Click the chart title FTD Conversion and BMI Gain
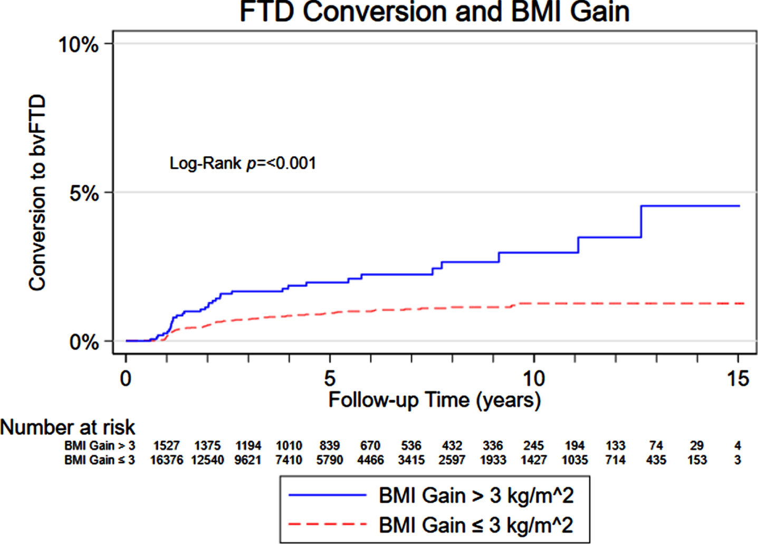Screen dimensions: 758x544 [x=434, y=12]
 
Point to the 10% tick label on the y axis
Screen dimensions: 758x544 [x=79, y=44]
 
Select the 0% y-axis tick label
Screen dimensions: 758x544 [x=84, y=342]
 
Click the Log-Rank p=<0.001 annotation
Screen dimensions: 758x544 [x=243, y=164]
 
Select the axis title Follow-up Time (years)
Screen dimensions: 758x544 [x=435, y=400]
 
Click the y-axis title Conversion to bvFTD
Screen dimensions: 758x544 [x=37, y=193]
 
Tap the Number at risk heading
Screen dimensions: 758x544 [x=68, y=427]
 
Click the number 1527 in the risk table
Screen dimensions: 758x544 [x=167, y=445]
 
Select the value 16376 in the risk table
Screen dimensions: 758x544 [x=167, y=460]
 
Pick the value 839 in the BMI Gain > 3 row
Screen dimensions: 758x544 [x=330, y=445]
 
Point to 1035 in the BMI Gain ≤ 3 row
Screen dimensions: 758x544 [x=574, y=460]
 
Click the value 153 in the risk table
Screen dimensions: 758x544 [x=697, y=460]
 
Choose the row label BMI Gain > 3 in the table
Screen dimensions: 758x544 [x=100, y=445]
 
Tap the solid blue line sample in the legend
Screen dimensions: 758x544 [x=328, y=495]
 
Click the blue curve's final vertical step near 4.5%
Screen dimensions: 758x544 [x=641, y=222]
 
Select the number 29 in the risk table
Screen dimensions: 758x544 [x=697, y=445]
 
